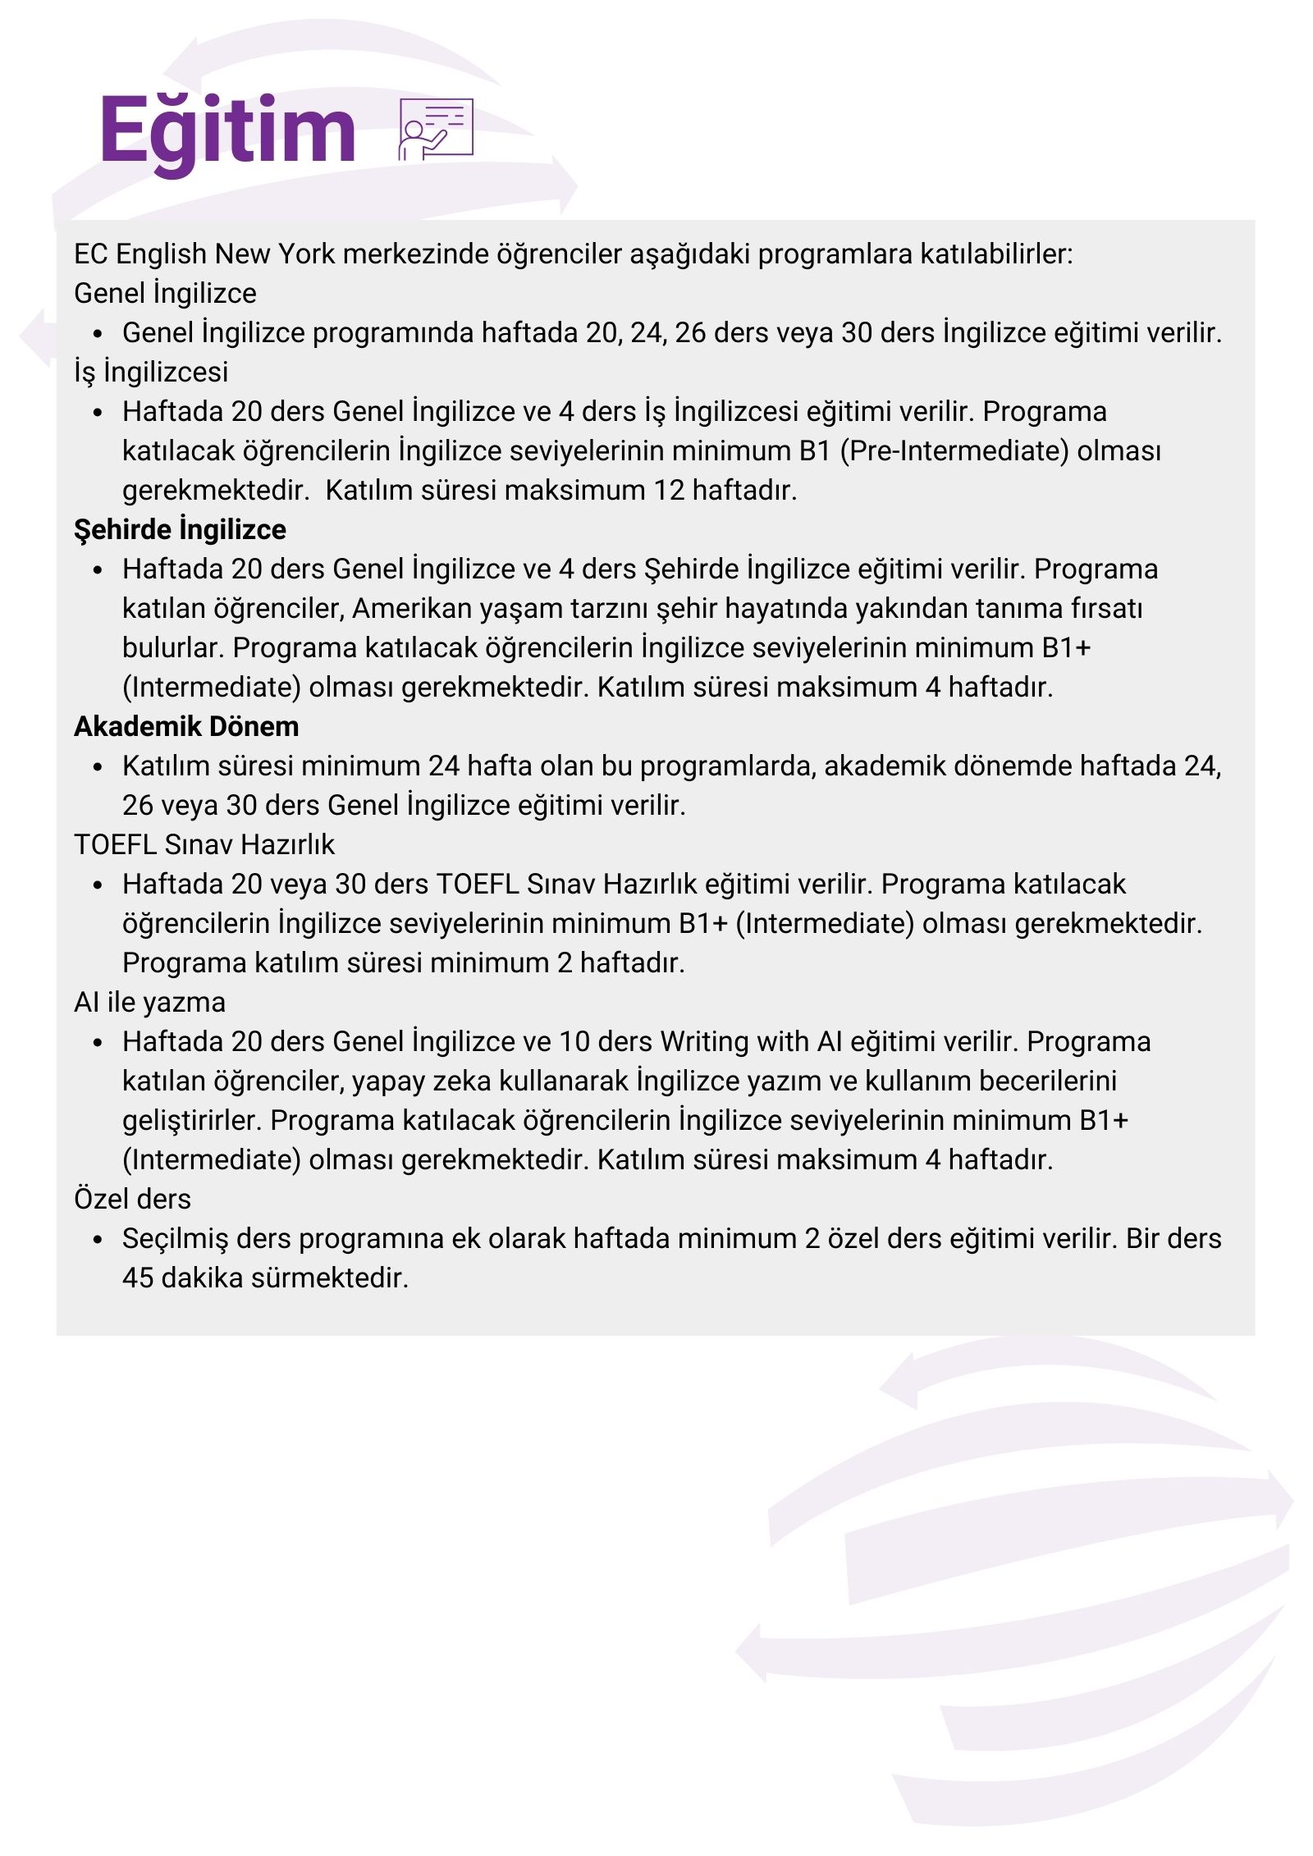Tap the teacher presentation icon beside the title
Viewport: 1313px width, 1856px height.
[435, 129]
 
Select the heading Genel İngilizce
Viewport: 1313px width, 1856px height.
[165, 294]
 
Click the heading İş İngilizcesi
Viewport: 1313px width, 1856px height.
[151, 373]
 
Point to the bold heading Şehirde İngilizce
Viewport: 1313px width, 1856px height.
[180, 530]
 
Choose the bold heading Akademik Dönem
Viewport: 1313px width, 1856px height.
[186, 727]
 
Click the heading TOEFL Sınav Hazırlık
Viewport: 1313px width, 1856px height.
[204, 845]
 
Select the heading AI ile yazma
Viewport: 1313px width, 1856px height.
[149, 1003]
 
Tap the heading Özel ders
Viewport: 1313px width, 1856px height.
[132, 1200]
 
